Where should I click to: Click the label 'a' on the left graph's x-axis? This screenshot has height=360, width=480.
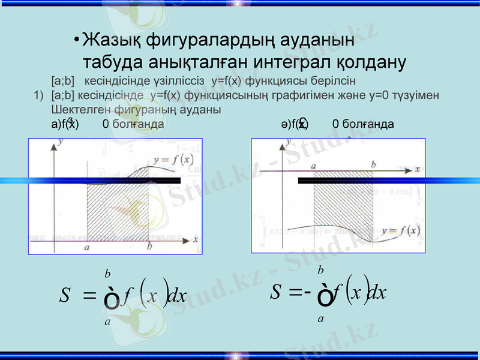(88, 247)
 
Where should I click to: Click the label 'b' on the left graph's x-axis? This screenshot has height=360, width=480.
(149, 247)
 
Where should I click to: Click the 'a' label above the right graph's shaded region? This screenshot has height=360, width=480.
(313, 164)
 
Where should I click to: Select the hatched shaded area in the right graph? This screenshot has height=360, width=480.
(343, 198)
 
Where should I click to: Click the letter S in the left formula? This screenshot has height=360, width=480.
(66, 295)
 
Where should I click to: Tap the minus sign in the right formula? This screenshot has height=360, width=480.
(305, 292)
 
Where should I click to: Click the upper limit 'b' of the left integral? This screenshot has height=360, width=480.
(107, 274)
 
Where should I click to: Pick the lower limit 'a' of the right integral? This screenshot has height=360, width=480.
(321, 319)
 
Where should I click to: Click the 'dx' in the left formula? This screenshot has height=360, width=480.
(178, 296)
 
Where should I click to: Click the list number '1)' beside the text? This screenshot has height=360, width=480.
(39, 95)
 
